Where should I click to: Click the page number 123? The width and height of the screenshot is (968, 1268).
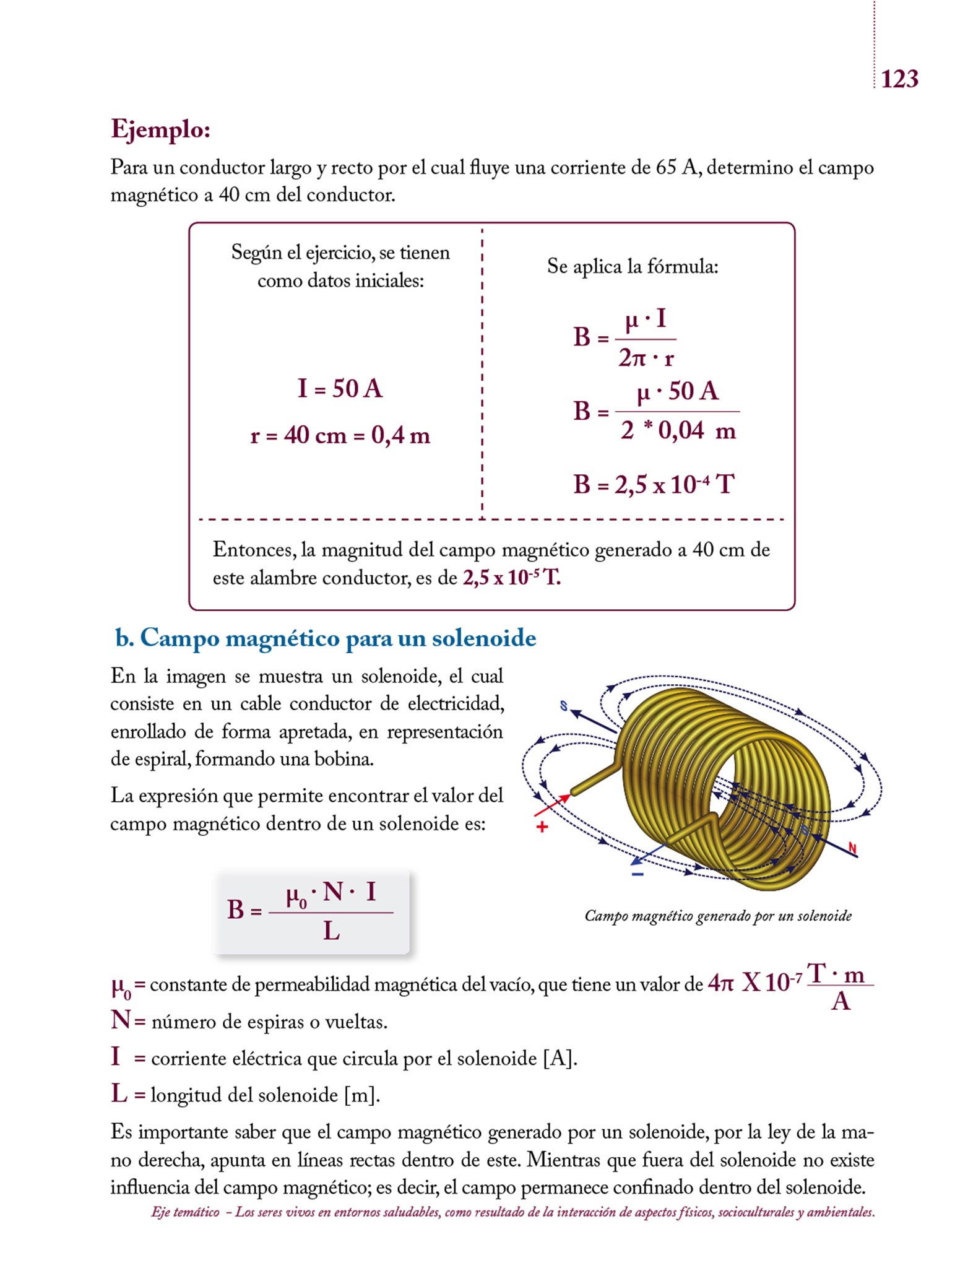coord(899,79)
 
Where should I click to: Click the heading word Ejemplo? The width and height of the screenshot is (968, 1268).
coord(160,129)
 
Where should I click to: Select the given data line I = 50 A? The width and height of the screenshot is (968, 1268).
coord(340,389)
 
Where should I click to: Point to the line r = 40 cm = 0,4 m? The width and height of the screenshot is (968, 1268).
coord(340,435)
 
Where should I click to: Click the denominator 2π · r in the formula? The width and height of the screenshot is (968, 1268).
coord(646,358)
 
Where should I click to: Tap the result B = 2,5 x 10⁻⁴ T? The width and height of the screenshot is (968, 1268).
coord(653,484)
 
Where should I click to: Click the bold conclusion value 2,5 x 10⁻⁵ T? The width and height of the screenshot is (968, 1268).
coord(511,578)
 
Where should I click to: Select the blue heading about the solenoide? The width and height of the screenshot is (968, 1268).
coord(326,638)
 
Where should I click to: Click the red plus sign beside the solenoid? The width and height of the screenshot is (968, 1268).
coord(542,827)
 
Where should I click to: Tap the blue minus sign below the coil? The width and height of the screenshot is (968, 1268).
coord(637,874)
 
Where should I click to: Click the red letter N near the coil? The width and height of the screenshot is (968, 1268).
coord(852,848)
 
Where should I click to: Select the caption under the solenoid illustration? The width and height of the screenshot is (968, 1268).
coord(718,916)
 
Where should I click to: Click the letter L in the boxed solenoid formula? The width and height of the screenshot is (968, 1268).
coord(331,931)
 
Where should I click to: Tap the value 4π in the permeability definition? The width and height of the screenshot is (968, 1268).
coord(720,983)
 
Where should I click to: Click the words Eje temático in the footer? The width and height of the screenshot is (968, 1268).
coord(185,1212)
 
